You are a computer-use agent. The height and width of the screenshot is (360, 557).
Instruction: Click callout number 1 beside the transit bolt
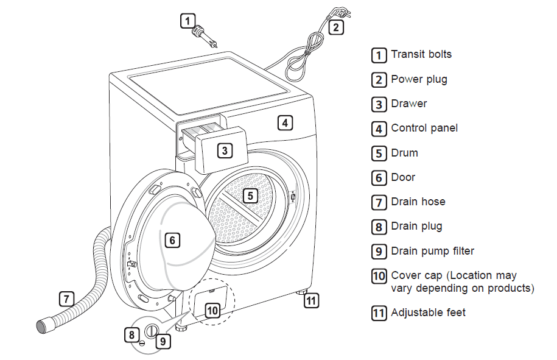(x=188, y=21)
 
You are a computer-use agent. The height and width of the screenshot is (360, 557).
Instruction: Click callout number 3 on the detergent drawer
(x=225, y=150)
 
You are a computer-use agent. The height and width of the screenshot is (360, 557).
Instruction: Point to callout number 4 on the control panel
(x=284, y=122)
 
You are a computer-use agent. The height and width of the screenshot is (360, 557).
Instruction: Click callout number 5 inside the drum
(x=250, y=196)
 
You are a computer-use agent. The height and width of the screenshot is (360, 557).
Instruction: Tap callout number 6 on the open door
(x=172, y=241)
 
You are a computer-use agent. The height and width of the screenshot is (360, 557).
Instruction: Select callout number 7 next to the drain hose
(x=66, y=299)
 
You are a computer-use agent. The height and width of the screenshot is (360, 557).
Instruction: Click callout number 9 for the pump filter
(x=163, y=341)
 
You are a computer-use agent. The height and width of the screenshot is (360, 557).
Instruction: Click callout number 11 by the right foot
(x=311, y=300)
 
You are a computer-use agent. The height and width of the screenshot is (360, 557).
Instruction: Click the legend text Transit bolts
(x=421, y=54)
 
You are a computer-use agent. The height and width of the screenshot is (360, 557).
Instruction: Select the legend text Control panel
(x=424, y=128)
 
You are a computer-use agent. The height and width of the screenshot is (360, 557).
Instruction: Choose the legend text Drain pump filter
(x=432, y=251)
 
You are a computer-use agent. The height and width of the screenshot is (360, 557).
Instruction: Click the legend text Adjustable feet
(x=428, y=312)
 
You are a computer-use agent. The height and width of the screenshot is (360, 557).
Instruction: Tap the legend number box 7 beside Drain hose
(x=379, y=202)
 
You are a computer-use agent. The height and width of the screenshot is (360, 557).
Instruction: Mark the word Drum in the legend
(x=404, y=153)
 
